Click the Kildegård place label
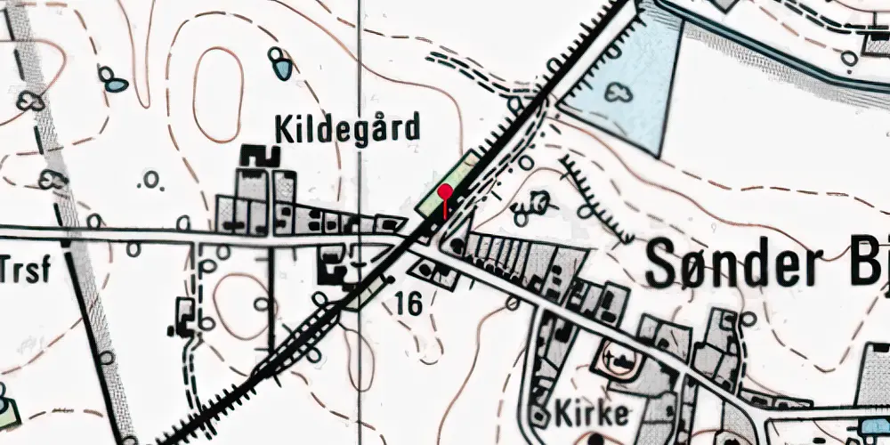coord(347,130)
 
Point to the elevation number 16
coord(409,304)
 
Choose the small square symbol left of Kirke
coord(539,414)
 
